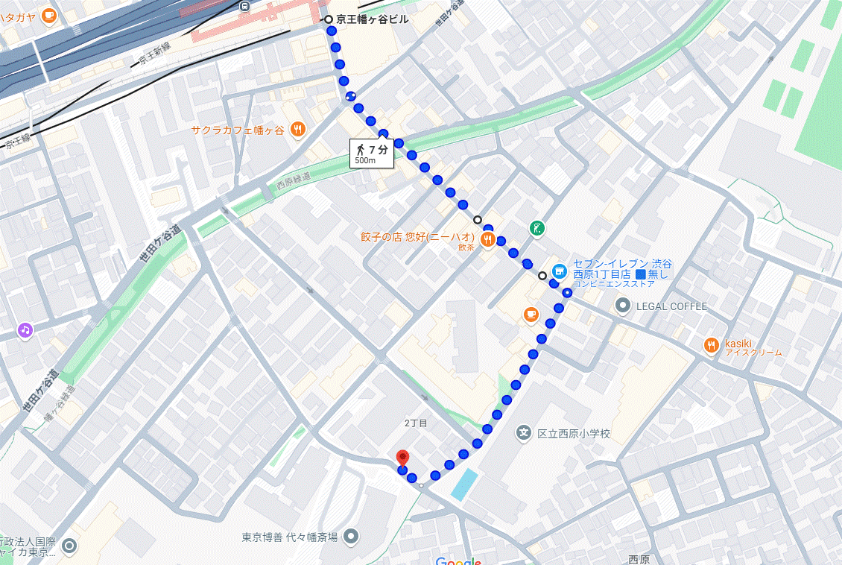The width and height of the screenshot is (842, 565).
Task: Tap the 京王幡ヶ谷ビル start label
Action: click(x=372, y=19)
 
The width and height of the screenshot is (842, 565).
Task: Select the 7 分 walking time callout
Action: click(x=372, y=153)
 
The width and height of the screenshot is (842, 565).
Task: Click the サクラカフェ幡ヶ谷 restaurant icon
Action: click(x=298, y=129)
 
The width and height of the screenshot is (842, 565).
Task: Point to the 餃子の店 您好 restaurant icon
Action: click(x=488, y=239)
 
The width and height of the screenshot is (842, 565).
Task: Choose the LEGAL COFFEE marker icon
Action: click(x=623, y=306)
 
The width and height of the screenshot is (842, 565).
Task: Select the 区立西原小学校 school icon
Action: click(x=525, y=432)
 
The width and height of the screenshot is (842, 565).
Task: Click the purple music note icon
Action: click(x=25, y=329)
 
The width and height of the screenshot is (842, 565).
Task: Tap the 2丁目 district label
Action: click(x=416, y=423)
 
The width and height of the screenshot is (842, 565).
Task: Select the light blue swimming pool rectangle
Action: click(x=464, y=485)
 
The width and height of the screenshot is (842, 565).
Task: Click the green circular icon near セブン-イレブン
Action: click(x=536, y=228)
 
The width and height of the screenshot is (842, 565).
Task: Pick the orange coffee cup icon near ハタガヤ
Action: click(x=49, y=15)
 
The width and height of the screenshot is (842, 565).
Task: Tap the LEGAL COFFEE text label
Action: click(x=671, y=306)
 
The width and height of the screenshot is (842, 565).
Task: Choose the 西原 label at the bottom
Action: click(x=639, y=559)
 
